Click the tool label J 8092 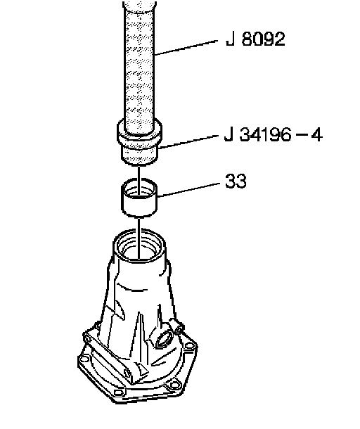[x=255, y=39]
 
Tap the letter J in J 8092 [x=230, y=39]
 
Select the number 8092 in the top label [x=263, y=39]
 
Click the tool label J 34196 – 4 [x=274, y=134]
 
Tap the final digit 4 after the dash [x=317, y=134]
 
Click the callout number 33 [x=236, y=181]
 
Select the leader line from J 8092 [x=186, y=48]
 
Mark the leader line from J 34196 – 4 [x=188, y=142]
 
